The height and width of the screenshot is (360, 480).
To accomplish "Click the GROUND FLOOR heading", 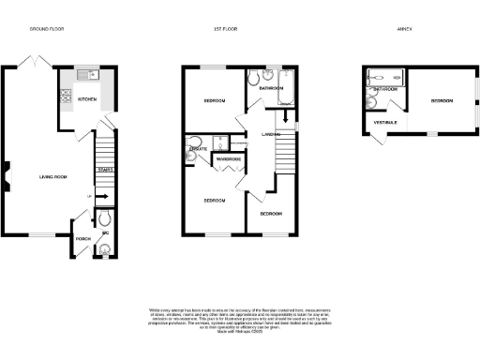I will tap(46, 29).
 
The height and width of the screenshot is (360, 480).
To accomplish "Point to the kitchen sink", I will tap(87, 73).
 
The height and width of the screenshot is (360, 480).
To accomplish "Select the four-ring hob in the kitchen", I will tap(65, 95).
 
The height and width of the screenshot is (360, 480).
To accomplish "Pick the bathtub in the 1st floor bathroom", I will tap(285, 88).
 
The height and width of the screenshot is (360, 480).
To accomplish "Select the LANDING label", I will tap(260, 135).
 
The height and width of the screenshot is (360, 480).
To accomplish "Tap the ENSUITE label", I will tap(198, 149).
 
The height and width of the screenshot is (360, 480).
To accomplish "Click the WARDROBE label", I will tap(229, 159).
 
